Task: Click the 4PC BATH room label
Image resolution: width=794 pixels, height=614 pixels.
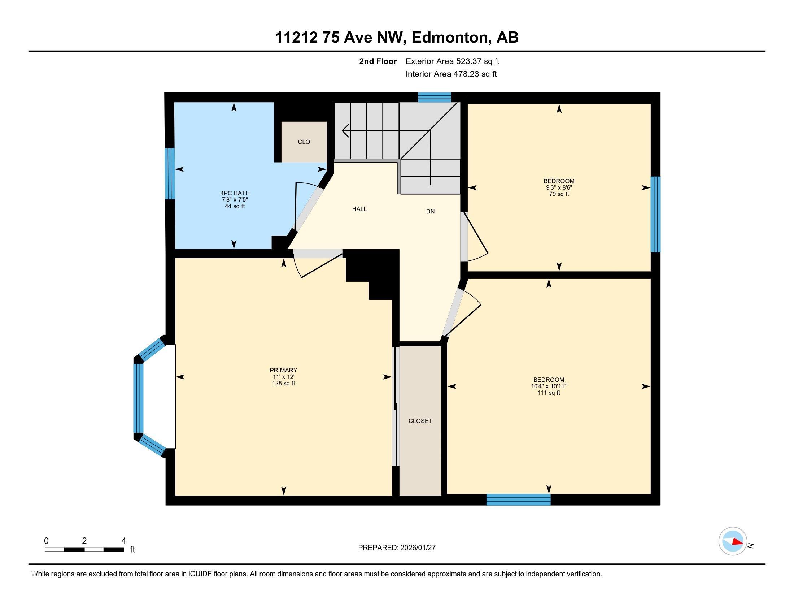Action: click(235, 193)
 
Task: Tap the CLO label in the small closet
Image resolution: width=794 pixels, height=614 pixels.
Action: click(304, 142)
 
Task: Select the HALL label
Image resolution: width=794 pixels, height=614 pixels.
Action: click(359, 209)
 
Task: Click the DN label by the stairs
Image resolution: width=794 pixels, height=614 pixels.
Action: click(430, 211)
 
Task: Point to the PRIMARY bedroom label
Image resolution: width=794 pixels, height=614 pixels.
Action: click(283, 370)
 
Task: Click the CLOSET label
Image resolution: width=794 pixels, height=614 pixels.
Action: click(420, 421)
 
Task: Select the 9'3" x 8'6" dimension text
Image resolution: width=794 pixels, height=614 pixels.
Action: click(559, 187)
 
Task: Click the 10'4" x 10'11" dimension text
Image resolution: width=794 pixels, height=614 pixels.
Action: click(549, 386)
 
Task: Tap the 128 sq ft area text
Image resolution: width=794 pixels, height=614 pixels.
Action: click(283, 383)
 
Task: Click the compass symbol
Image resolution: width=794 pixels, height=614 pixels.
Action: click(733, 541)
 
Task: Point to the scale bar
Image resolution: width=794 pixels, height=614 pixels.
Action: click(84, 549)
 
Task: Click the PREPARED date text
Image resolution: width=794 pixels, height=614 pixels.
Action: click(397, 548)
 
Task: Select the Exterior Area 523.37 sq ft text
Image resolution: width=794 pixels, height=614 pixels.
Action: click(452, 61)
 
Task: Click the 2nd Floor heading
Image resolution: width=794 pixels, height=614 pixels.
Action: click(378, 61)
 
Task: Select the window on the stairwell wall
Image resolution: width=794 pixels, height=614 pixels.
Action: click(434, 97)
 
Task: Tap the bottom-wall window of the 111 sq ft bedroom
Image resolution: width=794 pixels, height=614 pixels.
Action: click(518, 500)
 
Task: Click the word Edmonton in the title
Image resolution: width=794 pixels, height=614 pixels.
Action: click(450, 37)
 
